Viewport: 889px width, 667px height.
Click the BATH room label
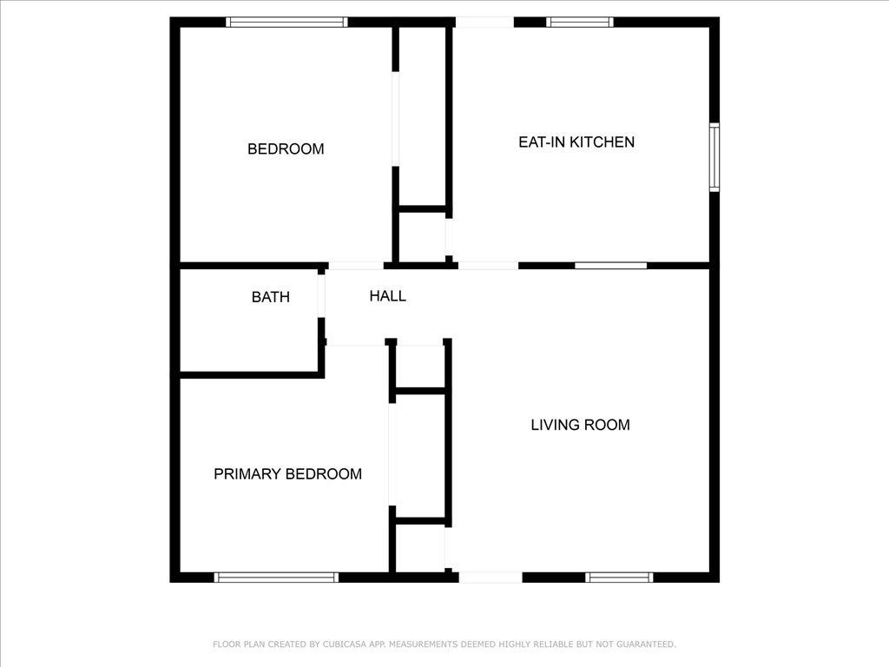271,297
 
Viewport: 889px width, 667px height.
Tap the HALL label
388,295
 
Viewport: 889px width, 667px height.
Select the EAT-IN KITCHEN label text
576,142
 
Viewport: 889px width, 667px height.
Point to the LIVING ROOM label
580,425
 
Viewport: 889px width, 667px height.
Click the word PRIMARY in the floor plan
247,474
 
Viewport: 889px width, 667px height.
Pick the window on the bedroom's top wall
286,22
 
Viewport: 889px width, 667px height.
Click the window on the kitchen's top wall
579,22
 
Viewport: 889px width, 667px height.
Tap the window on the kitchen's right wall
714,157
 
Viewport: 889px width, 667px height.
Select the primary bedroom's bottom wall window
276,578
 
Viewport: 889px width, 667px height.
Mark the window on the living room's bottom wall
619,578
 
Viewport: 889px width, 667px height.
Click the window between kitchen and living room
610,266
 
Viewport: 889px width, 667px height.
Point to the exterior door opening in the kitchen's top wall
484,22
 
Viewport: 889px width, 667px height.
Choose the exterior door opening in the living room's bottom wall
491,578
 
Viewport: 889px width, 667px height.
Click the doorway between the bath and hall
321,296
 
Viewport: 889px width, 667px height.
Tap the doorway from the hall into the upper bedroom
356,266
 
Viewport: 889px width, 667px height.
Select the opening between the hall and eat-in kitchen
488,266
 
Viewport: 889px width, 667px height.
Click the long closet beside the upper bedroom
423,116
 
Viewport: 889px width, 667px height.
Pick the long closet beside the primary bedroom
421,456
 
